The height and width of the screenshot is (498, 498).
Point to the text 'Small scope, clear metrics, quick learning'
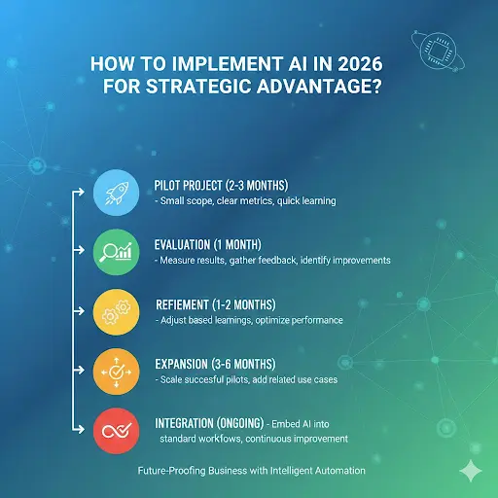click(x=245, y=201)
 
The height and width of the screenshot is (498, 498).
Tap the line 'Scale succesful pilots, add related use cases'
click(x=246, y=379)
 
